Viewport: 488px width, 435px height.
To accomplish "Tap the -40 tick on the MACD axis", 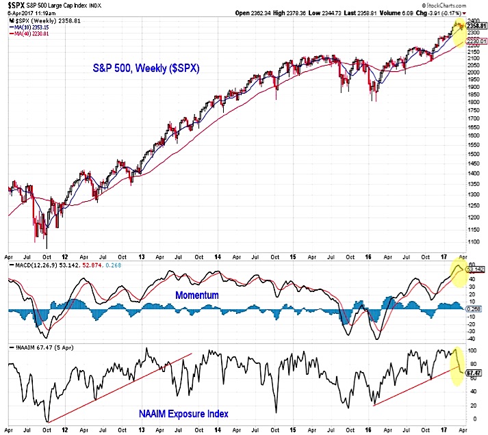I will pos(471,338).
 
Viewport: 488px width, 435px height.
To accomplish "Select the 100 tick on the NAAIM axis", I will pos(471,349).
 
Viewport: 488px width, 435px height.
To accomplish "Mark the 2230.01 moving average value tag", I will pos(476,41).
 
